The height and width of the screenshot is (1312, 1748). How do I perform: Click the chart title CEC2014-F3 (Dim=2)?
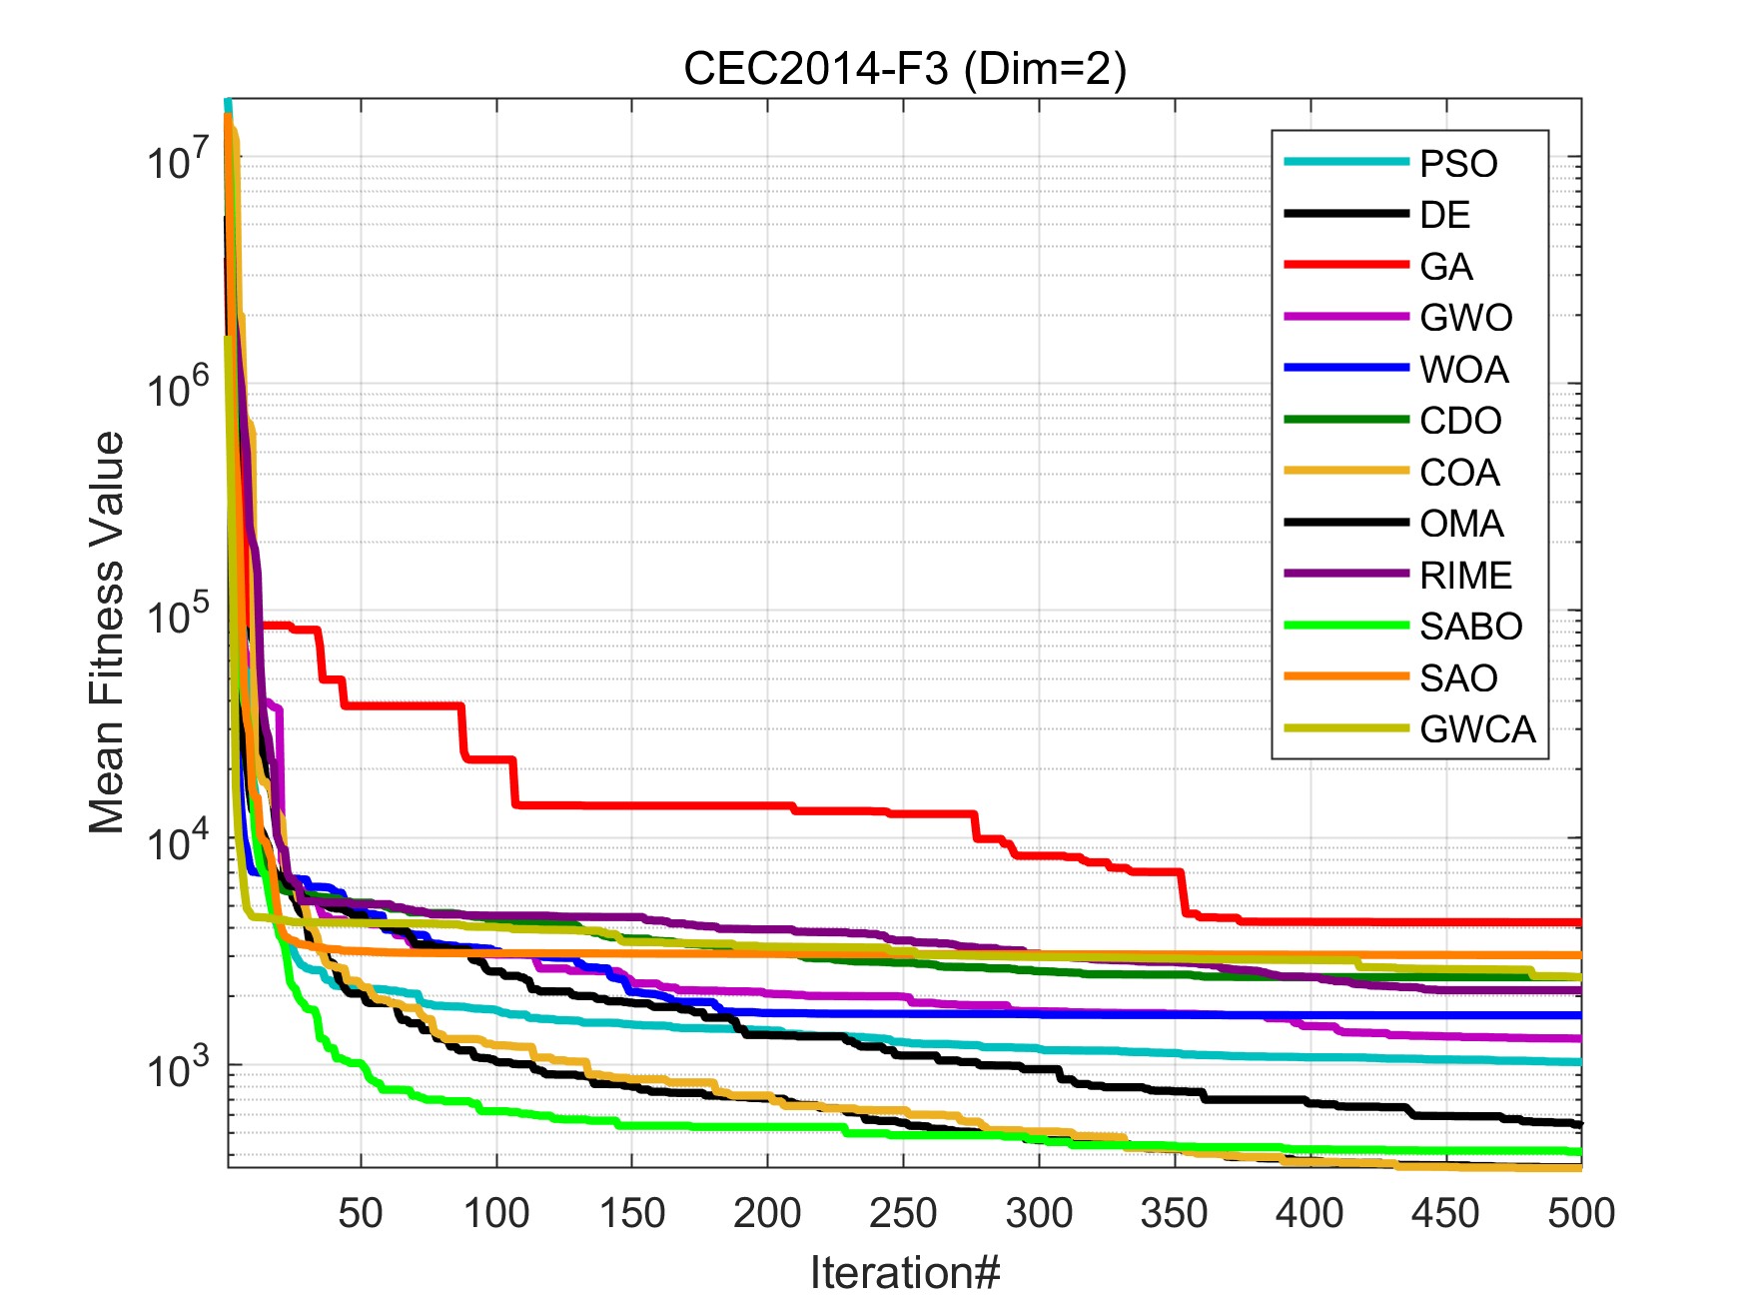click(x=904, y=69)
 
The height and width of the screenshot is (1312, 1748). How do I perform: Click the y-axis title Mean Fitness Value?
click(x=107, y=634)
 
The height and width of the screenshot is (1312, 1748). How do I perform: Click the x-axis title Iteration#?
click(x=904, y=1273)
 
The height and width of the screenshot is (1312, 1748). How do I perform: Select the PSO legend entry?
click(x=1457, y=164)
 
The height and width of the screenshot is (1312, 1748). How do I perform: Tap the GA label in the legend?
click(x=1445, y=267)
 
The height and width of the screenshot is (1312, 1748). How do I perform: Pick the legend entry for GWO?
click(x=1465, y=318)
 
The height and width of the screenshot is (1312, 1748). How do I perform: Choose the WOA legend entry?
click(x=1463, y=370)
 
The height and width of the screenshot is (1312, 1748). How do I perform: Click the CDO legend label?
click(x=1460, y=421)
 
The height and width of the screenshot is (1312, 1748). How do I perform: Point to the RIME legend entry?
click(x=1465, y=576)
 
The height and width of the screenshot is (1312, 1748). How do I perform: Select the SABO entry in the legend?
click(x=1470, y=627)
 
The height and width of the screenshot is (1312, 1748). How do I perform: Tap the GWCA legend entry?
click(x=1476, y=729)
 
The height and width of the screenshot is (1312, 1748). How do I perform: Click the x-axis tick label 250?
click(x=903, y=1213)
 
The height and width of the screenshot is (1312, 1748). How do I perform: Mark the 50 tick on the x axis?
click(x=361, y=1213)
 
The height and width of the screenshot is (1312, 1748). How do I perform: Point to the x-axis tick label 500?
click(x=1580, y=1213)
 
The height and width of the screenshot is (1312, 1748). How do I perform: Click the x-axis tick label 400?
click(x=1310, y=1213)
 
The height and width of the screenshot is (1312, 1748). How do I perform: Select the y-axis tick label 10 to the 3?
click(x=178, y=1069)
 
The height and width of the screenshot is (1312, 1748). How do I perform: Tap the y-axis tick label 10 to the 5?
click(x=178, y=616)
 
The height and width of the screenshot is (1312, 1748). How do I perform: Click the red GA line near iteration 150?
click(x=631, y=805)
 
